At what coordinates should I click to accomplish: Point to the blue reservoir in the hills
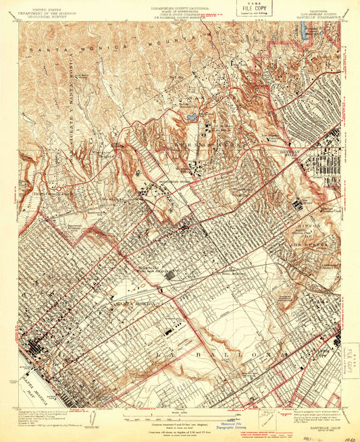point(191,117)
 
